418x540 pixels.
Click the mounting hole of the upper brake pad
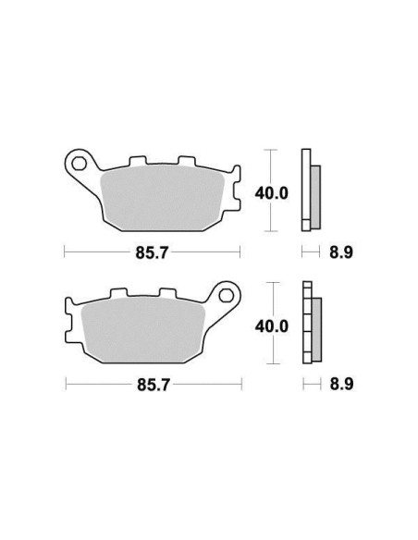click(80, 164)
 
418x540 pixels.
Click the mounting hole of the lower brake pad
click(226, 296)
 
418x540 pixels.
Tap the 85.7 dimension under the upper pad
click(152, 252)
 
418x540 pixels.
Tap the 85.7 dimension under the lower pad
click(154, 385)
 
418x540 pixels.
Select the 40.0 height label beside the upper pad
click(271, 193)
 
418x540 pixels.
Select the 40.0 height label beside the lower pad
click(271, 326)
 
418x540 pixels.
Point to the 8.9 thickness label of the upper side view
click(341, 252)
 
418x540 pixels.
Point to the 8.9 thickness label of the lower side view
click(341, 385)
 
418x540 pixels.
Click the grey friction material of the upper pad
click(163, 199)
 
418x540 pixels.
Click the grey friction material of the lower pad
click(143, 330)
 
